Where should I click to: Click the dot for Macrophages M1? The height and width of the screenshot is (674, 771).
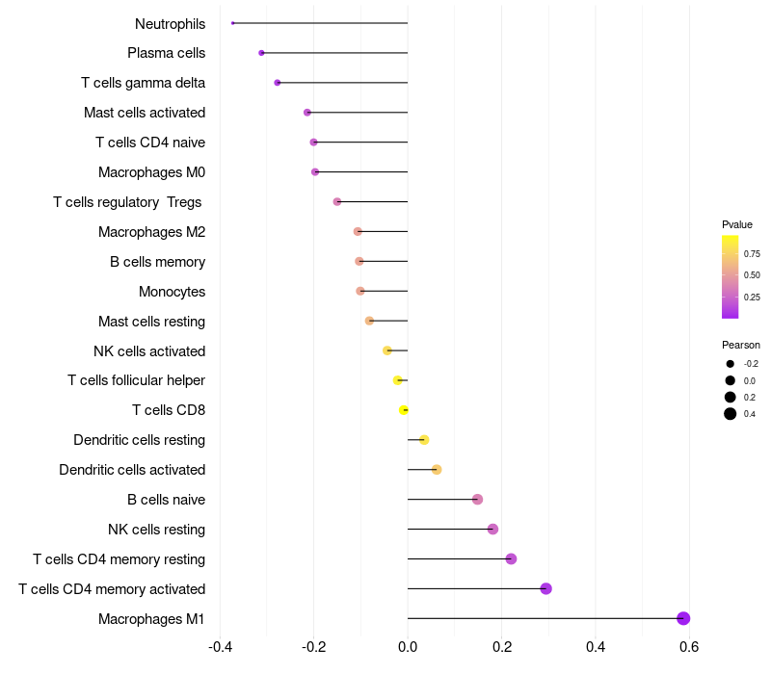(x=683, y=618)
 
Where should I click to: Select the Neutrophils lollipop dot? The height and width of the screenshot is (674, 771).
(x=233, y=23)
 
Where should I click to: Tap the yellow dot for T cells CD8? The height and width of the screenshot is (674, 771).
(x=404, y=410)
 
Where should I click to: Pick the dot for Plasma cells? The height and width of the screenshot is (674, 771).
(x=261, y=53)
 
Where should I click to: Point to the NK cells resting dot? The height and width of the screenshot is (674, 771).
(x=492, y=529)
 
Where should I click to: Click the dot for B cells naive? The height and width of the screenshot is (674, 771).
(x=477, y=499)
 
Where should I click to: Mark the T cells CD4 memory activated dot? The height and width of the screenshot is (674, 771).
(x=545, y=588)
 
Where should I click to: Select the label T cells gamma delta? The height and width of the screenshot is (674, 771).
(x=143, y=83)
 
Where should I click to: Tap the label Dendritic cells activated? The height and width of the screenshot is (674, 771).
(x=132, y=470)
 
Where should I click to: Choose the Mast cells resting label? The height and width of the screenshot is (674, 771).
(x=151, y=321)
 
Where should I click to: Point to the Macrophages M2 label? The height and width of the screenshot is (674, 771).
(x=151, y=232)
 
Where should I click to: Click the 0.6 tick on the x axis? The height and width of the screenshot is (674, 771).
(x=689, y=646)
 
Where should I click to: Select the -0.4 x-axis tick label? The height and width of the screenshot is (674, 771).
(x=220, y=646)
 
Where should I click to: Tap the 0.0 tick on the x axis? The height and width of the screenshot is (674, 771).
(x=408, y=646)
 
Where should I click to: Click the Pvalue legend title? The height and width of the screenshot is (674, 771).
(x=737, y=224)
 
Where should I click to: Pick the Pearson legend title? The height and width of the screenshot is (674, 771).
(x=741, y=345)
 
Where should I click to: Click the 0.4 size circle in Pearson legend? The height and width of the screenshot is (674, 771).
(x=731, y=414)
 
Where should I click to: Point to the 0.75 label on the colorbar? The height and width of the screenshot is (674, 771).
(x=752, y=254)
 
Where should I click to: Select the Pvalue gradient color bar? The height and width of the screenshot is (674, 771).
(x=731, y=276)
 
